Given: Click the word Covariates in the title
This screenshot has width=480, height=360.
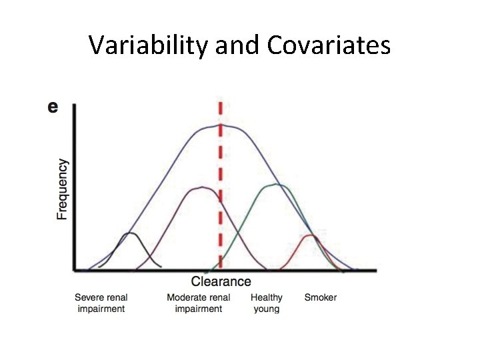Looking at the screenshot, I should point(329,45).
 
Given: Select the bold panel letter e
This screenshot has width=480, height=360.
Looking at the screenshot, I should point(53,107).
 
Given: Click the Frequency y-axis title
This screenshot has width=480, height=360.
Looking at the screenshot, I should point(62,189).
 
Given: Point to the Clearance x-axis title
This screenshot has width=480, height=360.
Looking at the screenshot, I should point(221,282).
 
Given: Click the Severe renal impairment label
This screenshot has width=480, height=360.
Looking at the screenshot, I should point(101,303).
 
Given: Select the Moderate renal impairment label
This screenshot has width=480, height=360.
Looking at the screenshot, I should point(199,303).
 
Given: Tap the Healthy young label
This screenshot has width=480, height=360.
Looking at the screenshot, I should point(267,303).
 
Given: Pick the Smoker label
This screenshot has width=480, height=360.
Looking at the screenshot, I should point(321,297).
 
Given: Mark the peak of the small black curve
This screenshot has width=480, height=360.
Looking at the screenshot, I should point(131,233).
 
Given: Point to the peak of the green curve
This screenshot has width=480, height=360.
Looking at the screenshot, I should point(276,185).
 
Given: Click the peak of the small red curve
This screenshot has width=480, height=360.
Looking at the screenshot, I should point(311,235).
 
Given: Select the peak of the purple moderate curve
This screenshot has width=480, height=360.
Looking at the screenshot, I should point(203,187).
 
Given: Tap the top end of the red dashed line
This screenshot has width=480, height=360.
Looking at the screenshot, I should point(221,103).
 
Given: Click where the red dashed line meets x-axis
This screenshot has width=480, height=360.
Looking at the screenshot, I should point(221,270).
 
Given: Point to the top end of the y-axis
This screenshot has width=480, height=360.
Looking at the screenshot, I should point(73,105).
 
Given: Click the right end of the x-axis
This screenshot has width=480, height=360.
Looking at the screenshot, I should point(375,271).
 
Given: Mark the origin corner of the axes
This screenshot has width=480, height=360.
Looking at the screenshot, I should point(73,271).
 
